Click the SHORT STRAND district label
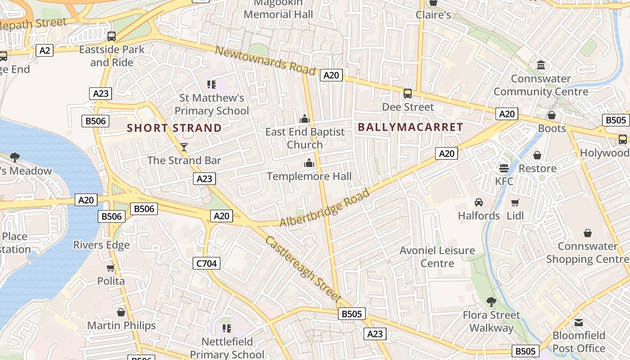175,128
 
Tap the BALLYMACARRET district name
410,127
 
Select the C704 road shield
207,263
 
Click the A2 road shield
45,50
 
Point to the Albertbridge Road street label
324,207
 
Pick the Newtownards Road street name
265,60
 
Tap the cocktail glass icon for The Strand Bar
184,147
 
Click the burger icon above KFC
504,168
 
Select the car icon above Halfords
479,202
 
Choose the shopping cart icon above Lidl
515,202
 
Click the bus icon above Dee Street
408,94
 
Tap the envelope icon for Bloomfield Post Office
579,323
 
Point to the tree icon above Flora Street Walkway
491,301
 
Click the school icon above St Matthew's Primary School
211,84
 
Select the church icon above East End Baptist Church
305,119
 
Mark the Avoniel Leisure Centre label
437,256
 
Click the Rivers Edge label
101,245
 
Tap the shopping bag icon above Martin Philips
121,312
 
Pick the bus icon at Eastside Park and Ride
111,36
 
